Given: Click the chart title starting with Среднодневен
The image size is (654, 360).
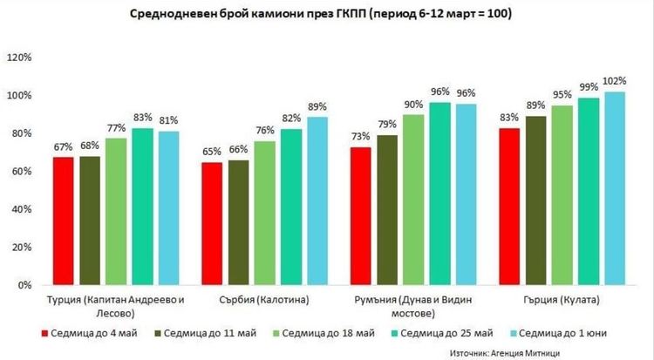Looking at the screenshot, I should click(x=321, y=15).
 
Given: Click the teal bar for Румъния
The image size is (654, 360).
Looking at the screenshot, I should click(x=441, y=194).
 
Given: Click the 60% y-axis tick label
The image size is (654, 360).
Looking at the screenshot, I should click(x=19, y=172).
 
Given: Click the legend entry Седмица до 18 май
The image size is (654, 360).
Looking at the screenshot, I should click(x=325, y=333).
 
